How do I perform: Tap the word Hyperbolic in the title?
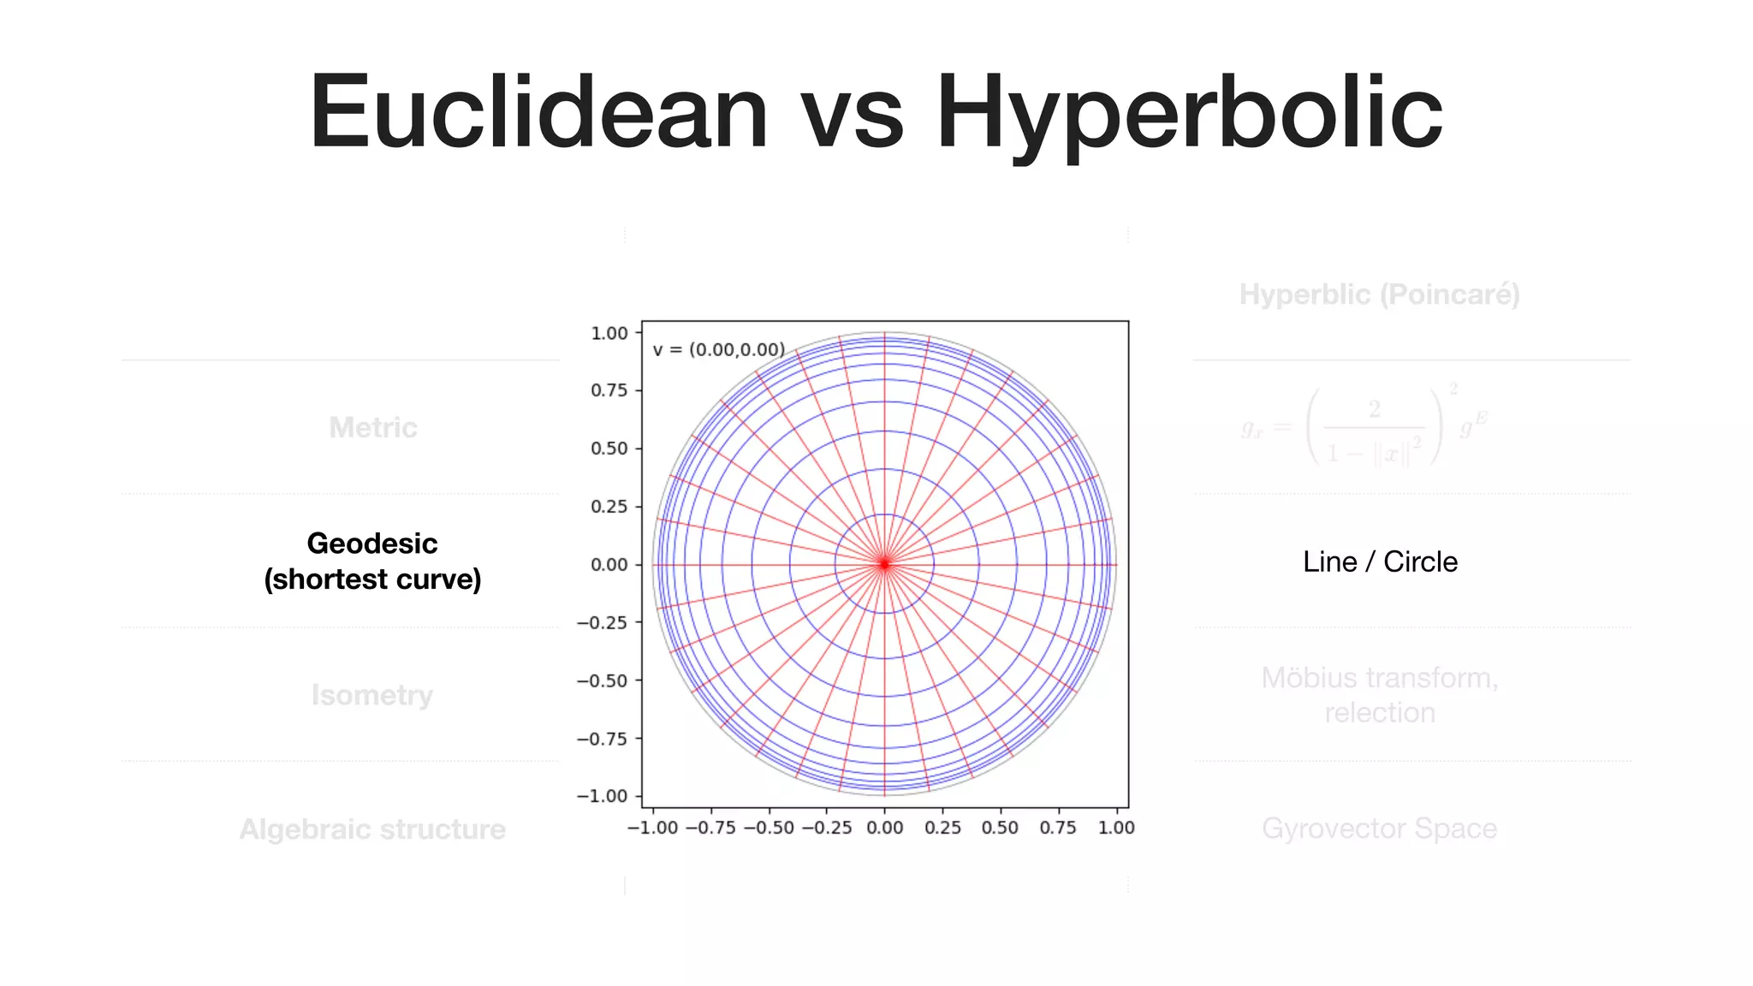pyautogui.click(x=1189, y=113)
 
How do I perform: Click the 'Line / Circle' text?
pyautogui.click(x=1380, y=561)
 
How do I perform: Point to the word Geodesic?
pyautogui.click(x=372, y=543)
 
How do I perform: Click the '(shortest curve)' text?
pyautogui.click(x=372, y=579)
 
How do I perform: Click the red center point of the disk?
pyautogui.click(x=884, y=564)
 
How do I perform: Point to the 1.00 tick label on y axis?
pyautogui.click(x=609, y=333)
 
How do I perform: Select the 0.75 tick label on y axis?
pyautogui.click(x=609, y=390)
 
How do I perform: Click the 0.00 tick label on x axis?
pyautogui.click(x=884, y=828)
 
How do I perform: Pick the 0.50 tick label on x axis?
pyautogui.click(x=1000, y=828)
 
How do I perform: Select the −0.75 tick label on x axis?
pyautogui.click(x=710, y=828)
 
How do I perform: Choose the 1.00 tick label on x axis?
pyautogui.click(x=1116, y=828)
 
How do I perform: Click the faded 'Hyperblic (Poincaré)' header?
pyautogui.click(x=1379, y=294)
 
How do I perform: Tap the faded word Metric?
pyautogui.click(x=373, y=427)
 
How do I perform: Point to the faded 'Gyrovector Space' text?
pyautogui.click(x=1379, y=829)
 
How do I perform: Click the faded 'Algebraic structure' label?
pyautogui.click(x=372, y=829)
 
